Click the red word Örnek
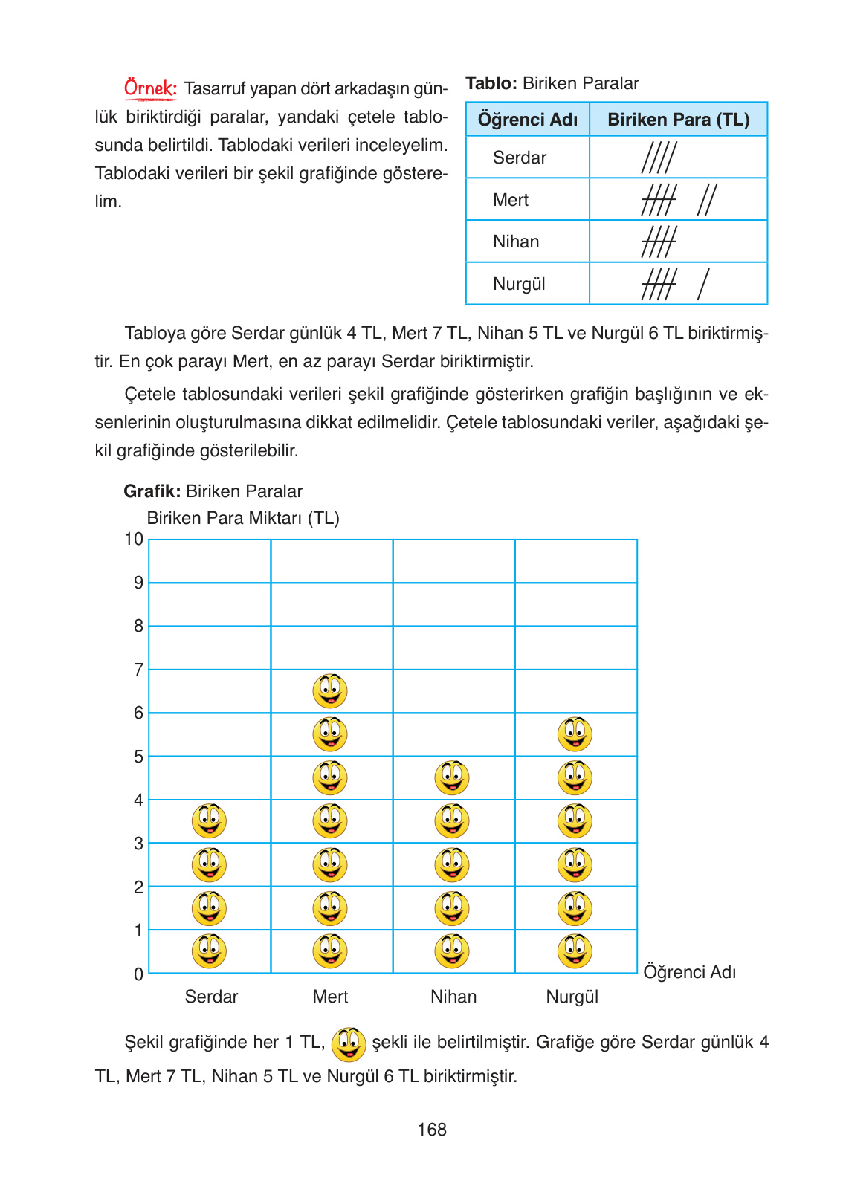150,88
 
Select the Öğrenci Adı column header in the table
527,120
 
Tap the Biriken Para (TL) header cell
678,120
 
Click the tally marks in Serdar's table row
659,158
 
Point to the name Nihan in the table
515,242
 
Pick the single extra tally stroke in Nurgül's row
703,284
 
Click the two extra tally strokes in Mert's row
706,200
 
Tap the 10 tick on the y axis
134,540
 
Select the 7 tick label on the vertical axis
138,670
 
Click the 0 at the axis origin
138,974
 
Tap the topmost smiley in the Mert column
330,691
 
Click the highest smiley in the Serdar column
209,821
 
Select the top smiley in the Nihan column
452,778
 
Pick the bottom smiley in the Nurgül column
575,951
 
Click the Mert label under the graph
330,997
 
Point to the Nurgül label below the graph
572,997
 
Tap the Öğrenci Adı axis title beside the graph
689,972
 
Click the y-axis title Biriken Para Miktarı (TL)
243,518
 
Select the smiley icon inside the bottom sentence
348,1044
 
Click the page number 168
432,1130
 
